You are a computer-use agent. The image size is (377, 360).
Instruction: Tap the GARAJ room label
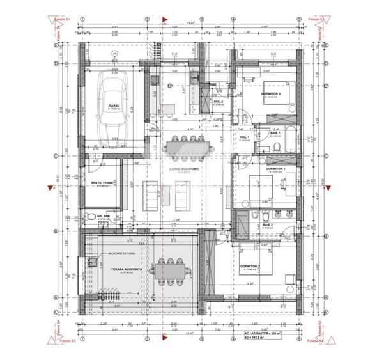pyautogui.click(x=114, y=106)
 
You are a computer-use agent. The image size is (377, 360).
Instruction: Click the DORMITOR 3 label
pyautogui.click(x=250, y=267)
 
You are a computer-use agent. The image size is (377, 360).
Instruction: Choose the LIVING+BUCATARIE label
pyautogui.click(x=185, y=169)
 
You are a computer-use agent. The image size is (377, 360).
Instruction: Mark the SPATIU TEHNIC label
pyautogui.click(x=102, y=184)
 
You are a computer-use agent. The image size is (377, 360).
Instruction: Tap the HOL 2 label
pyautogui.click(x=219, y=101)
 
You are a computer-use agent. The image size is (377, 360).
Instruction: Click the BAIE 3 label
pyautogui.click(x=267, y=224)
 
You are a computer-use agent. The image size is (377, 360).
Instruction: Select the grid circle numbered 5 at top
pyautogui.click(x=298, y=18)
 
